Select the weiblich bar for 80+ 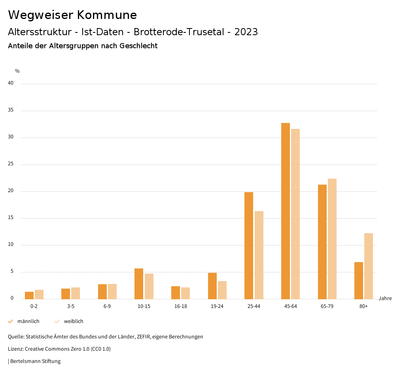pos(369,266)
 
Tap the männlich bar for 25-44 pos(249,246)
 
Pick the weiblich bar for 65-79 pos(332,239)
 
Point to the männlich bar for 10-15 pos(139,283)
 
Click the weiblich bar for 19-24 pos(222,290)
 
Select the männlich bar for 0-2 pos(29,295)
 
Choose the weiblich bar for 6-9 pos(112,291)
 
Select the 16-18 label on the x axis pos(180,306)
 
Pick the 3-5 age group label pos(71,306)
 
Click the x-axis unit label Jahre pos(385,298)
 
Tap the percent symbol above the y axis pos(17,71)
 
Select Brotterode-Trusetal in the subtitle pos(180,32)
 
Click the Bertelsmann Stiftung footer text pos(35,361)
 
